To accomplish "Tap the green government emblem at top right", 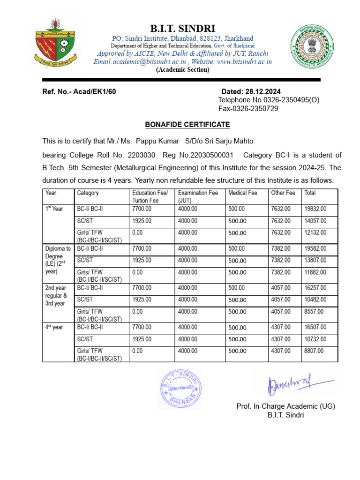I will click(x=311, y=48).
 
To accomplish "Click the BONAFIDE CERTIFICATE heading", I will click(x=187, y=125).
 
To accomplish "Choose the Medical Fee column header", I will click(x=242, y=193).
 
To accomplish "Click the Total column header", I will click(x=310, y=193).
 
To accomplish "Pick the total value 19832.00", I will click(x=315, y=209).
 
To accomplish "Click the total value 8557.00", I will click(x=314, y=311).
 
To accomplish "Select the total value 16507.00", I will click(x=315, y=327).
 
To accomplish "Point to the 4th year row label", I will click(x=54, y=327).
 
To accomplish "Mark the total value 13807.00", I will click(x=315, y=260).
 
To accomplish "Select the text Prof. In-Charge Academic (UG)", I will click(x=285, y=406).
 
